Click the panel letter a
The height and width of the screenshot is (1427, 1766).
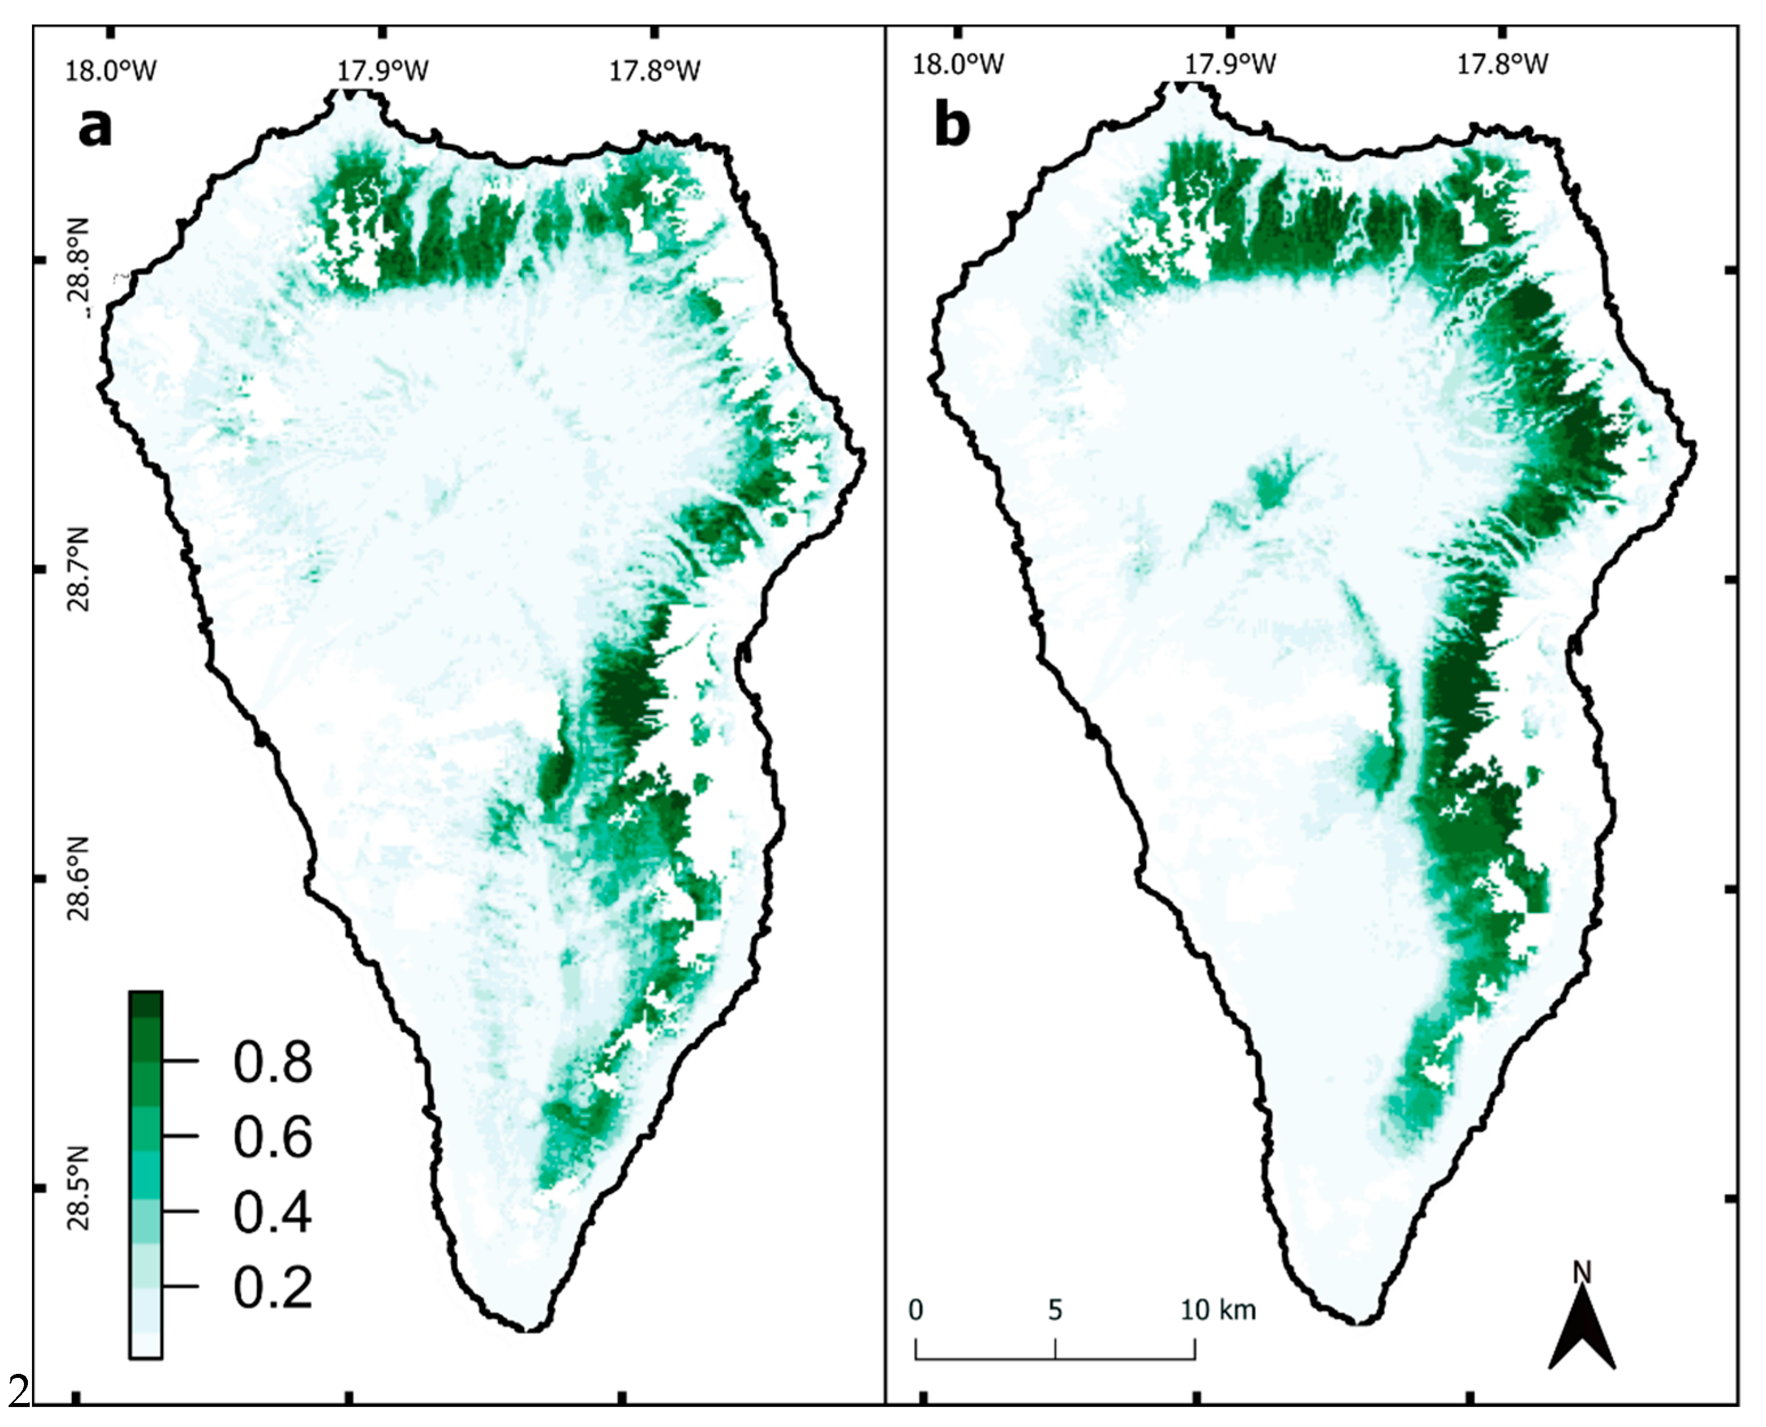[95, 127]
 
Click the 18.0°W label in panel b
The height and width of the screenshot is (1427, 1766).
[958, 63]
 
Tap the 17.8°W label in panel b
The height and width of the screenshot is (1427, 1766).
[1503, 63]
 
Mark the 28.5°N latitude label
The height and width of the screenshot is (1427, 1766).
[80, 1189]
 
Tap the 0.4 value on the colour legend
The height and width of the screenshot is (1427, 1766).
[273, 1212]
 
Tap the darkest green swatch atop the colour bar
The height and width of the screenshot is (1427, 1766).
[146, 1004]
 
